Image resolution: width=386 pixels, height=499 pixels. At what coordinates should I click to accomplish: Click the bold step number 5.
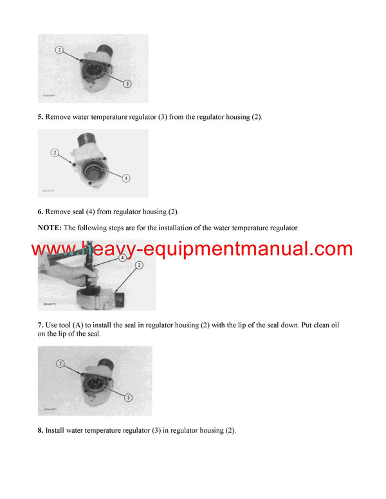point(41,117)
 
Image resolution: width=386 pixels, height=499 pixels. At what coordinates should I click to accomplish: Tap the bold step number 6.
point(41,212)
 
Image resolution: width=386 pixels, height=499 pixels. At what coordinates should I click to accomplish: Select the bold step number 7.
point(41,325)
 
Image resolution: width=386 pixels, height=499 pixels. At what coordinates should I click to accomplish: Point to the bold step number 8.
point(41,430)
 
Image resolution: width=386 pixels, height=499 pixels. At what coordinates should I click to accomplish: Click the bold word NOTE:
point(50,228)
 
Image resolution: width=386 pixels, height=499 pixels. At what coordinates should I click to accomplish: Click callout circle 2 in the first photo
point(59,50)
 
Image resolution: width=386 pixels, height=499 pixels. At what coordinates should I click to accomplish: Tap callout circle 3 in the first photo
point(127,84)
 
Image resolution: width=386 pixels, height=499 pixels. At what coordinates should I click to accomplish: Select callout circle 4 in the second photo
point(127,178)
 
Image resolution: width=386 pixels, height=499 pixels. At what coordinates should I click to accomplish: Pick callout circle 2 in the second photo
point(55,152)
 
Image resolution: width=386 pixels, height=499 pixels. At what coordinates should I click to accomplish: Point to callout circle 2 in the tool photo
point(139,265)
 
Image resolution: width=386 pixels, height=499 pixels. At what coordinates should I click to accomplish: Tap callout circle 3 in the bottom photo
point(129,397)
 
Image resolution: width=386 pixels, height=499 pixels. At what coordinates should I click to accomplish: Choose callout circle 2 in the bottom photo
point(59,363)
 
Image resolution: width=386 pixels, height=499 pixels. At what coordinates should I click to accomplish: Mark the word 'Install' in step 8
point(57,430)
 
